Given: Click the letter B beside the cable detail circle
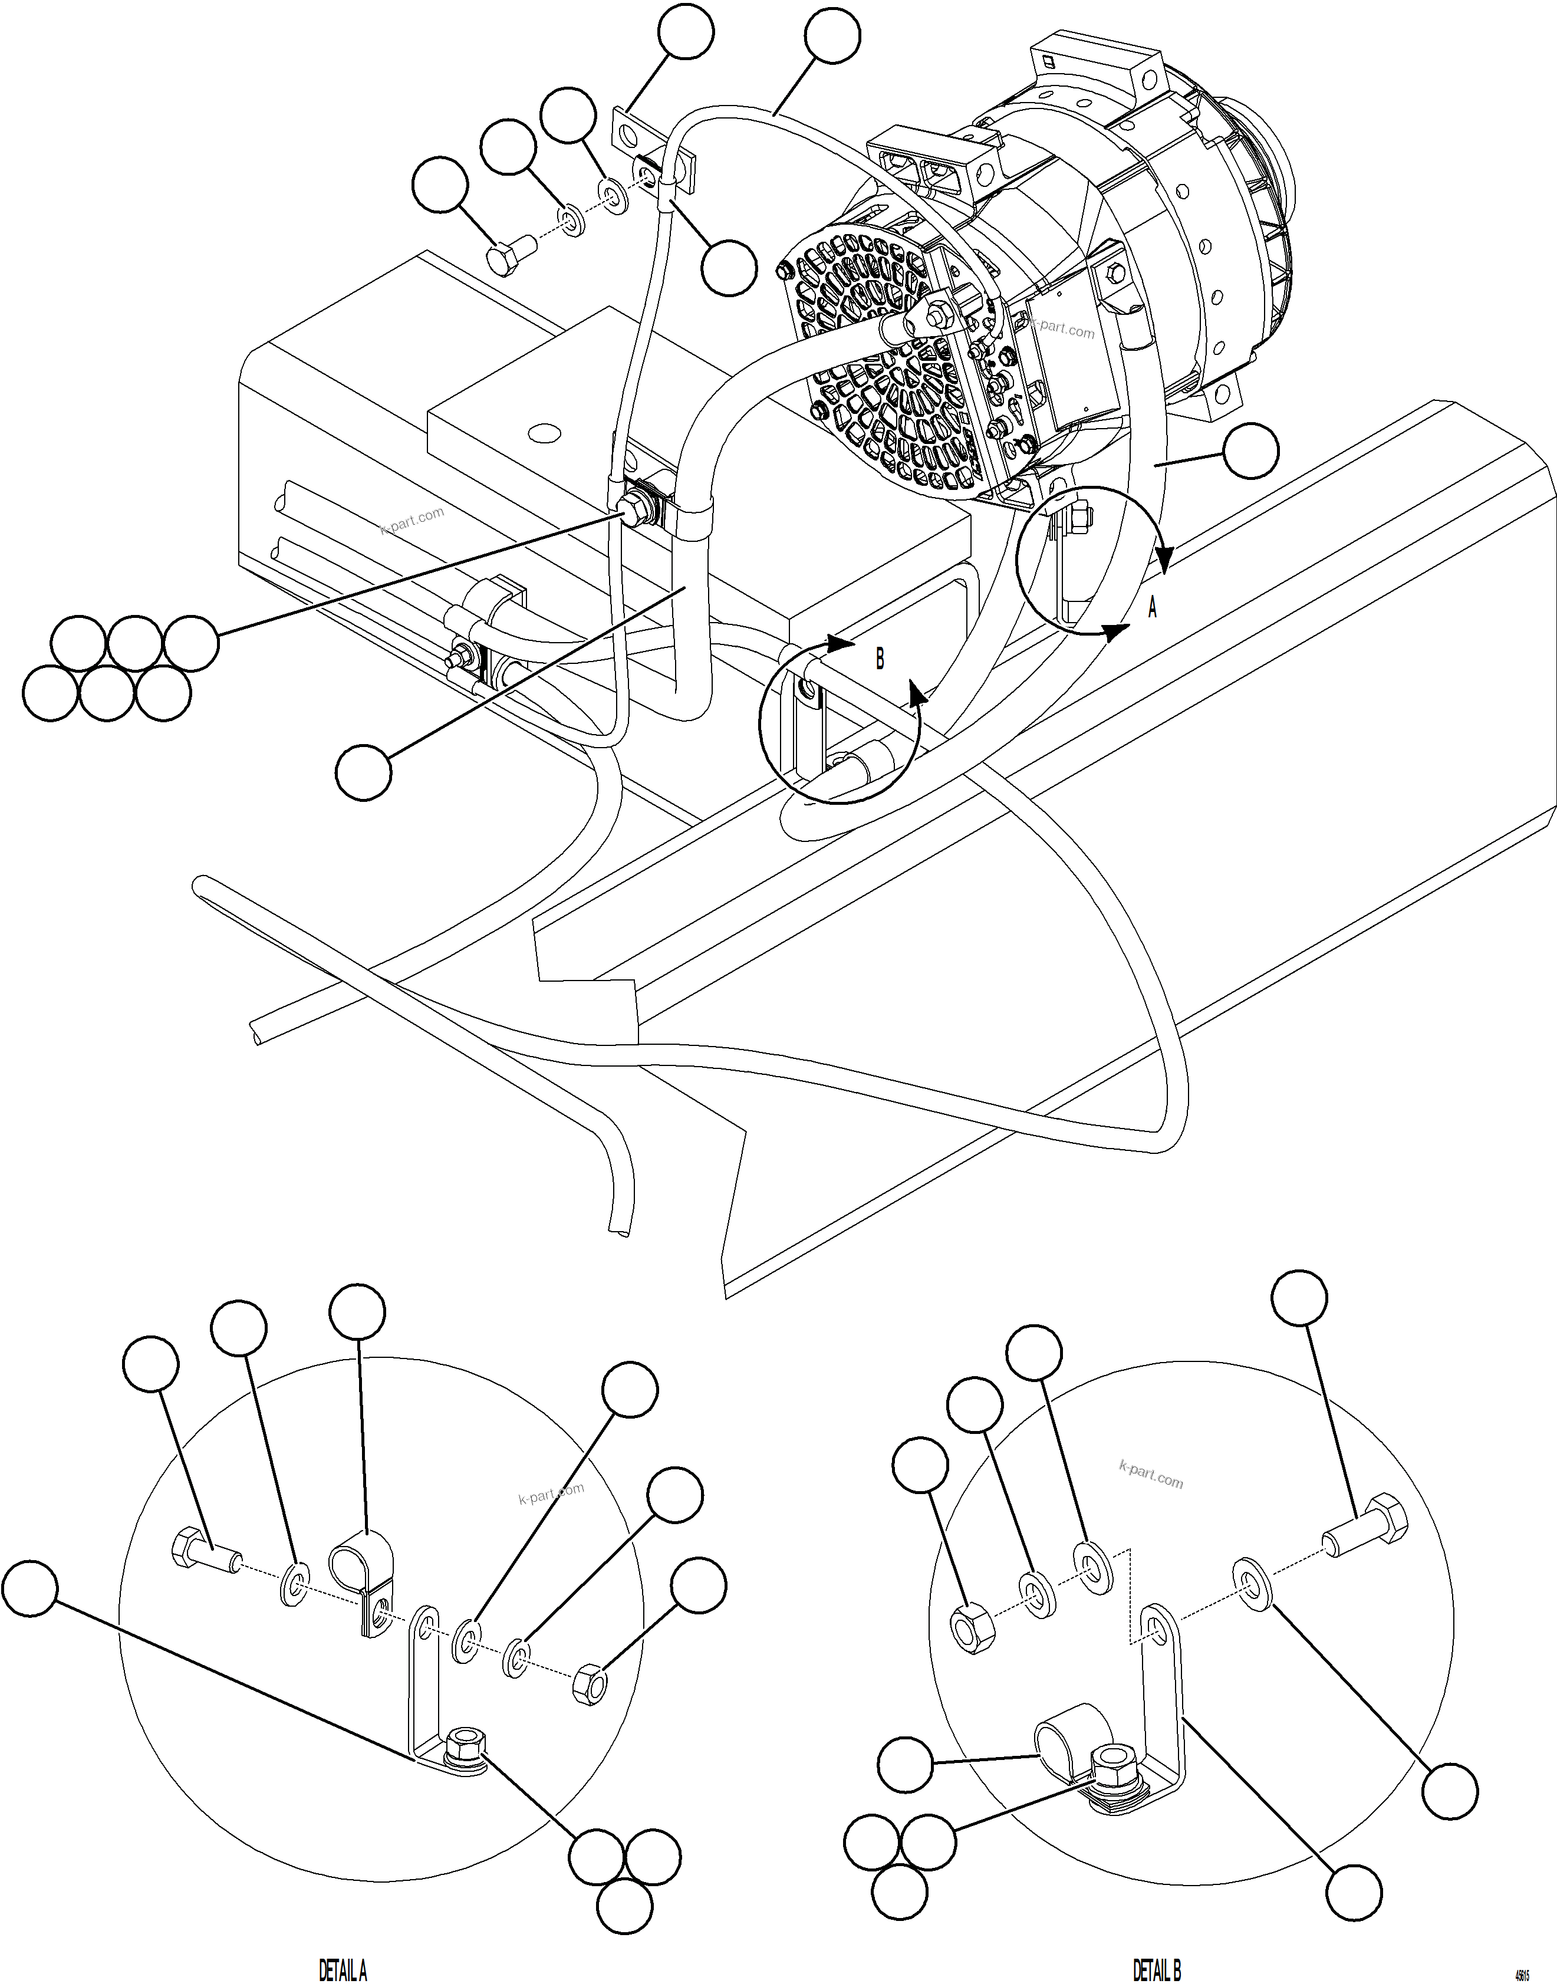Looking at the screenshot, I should (x=880, y=658).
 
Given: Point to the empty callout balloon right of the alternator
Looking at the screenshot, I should (x=1250, y=449).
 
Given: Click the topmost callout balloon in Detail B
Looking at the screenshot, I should (x=1299, y=1298).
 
